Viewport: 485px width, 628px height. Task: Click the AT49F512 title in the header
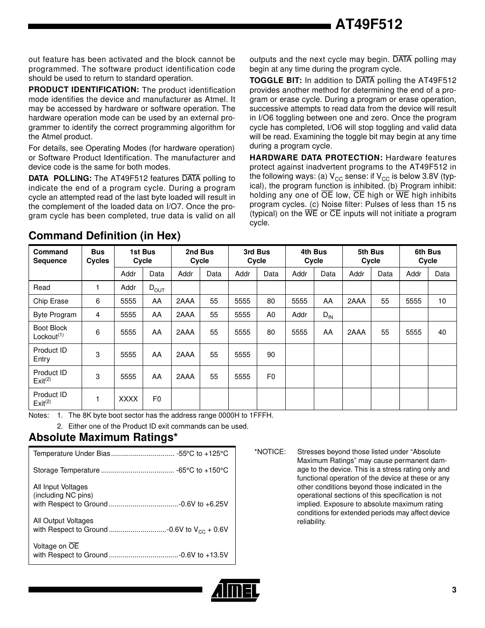point(368,25)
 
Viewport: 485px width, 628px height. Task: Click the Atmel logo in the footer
point(235,590)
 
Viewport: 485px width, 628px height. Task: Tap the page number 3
point(454,590)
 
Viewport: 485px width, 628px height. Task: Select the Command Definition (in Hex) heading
point(104,236)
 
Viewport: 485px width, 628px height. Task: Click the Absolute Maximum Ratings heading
point(103,437)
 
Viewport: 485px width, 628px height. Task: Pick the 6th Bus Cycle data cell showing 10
point(442,301)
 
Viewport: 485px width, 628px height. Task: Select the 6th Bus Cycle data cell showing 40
point(442,332)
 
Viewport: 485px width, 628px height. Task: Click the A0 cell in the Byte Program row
point(271,315)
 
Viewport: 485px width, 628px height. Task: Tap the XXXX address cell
point(128,399)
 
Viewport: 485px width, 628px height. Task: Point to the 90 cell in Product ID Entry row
point(271,355)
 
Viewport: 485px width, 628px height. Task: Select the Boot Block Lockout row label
point(50,332)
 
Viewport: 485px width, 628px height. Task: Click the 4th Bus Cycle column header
point(313,256)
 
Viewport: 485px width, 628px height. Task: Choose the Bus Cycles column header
point(97,256)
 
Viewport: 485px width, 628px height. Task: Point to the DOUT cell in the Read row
point(157,288)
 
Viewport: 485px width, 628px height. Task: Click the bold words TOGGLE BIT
point(276,80)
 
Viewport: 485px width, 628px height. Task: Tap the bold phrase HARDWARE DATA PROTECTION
point(316,158)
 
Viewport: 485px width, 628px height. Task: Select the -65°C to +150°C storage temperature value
point(202,470)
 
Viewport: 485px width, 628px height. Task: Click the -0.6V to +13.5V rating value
point(204,555)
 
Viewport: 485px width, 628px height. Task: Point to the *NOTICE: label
point(270,452)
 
